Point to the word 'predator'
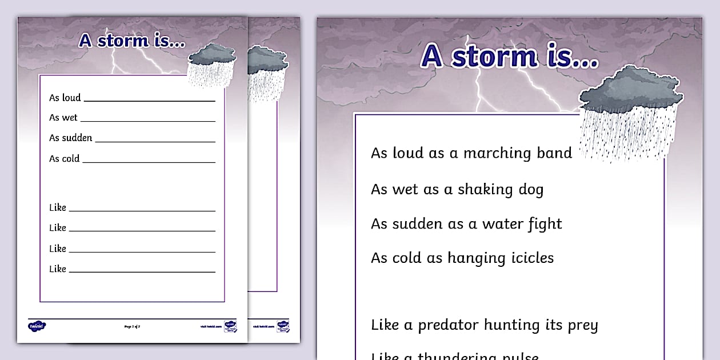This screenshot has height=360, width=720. click(x=447, y=325)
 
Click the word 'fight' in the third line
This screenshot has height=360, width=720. click(x=545, y=224)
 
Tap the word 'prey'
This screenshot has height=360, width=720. click(x=583, y=326)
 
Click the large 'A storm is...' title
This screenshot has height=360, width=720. click(x=509, y=56)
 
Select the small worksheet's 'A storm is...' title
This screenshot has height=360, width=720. click(x=132, y=41)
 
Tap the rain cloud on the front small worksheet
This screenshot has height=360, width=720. click(x=211, y=64)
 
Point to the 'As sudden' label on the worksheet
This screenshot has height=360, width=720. click(x=70, y=138)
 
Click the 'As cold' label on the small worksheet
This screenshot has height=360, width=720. click(x=64, y=159)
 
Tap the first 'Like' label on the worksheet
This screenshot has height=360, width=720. click(x=58, y=207)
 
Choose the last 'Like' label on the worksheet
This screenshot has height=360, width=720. click(x=58, y=269)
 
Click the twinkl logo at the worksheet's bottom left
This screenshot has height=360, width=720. click(x=37, y=326)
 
